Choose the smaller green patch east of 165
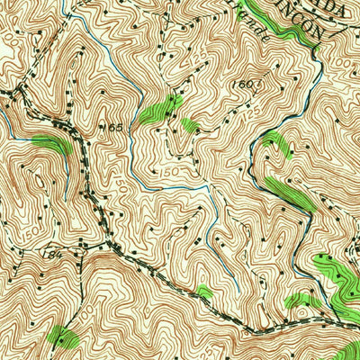pos(189,125)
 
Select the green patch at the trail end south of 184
pos(62,337)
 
